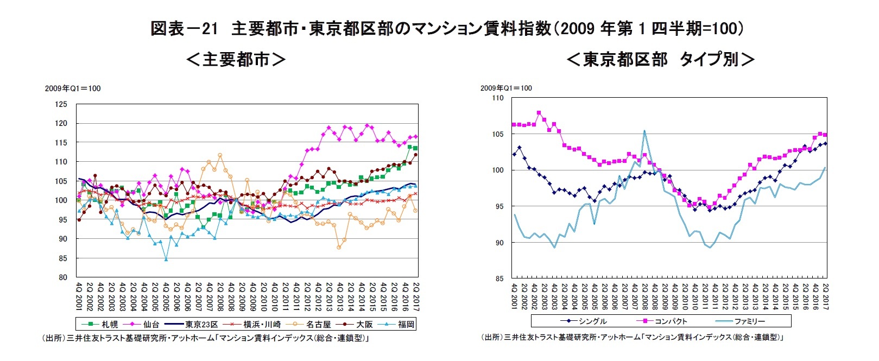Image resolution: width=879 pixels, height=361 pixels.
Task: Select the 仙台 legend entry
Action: tap(144, 325)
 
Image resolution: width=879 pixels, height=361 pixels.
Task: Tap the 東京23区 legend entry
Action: tap(193, 325)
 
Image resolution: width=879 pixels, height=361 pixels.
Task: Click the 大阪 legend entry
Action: tap(358, 325)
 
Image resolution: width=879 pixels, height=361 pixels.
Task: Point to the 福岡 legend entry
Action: tap(399, 325)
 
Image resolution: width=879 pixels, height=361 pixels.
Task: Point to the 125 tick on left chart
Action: tap(61, 104)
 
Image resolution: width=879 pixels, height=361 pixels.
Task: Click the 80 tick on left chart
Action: tap(64, 277)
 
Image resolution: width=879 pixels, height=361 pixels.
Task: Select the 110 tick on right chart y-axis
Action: tap(497, 98)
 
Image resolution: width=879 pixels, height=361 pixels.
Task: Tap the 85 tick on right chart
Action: tap(499, 279)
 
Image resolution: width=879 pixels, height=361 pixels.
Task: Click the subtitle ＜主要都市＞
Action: tap(236, 59)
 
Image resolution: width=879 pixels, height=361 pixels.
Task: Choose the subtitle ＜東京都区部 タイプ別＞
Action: tap(660, 59)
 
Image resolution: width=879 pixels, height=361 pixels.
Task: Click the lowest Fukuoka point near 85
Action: tap(166, 259)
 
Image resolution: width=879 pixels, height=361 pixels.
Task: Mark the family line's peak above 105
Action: tap(644, 131)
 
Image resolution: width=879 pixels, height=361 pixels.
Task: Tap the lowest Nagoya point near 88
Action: tap(339, 248)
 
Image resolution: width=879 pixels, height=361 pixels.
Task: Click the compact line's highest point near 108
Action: tap(539, 113)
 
